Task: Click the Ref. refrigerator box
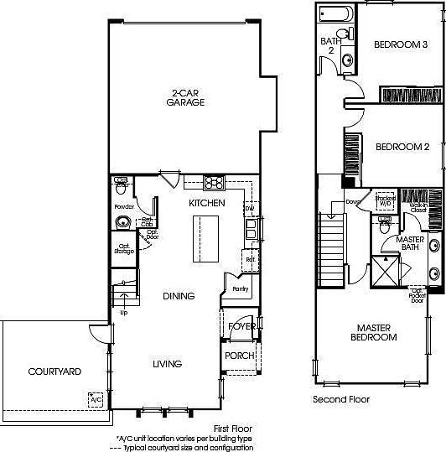(x=250, y=260)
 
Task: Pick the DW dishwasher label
(x=249, y=208)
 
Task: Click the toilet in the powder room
(x=122, y=180)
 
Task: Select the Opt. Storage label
(x=123, y=248)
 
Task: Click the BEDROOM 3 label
(x=401, y=44)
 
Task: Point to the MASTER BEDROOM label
(x=375, y=332)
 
